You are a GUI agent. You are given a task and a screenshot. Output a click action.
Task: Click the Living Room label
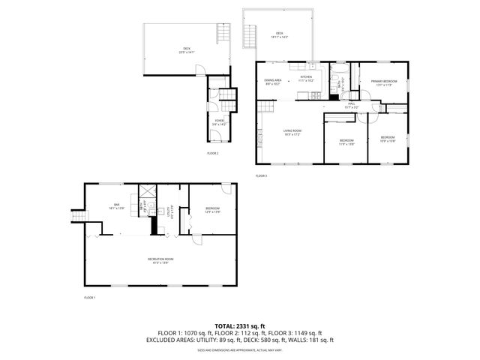click(x=292, y=133)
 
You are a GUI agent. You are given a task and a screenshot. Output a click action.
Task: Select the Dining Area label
click(x=274, y=82)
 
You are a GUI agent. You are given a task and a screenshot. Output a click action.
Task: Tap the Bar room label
click(x=117, y=206)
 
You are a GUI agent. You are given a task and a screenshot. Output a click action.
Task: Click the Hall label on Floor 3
click(x=351, y=105)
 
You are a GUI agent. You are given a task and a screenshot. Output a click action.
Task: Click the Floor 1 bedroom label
click(x=213, y=209)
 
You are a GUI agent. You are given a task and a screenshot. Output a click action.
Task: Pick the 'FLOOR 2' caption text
click(x=213, y=153)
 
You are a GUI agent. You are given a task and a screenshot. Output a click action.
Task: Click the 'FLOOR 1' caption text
click(x=89, y=298)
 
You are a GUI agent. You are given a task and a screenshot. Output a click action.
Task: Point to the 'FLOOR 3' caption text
click(x=261, y=175)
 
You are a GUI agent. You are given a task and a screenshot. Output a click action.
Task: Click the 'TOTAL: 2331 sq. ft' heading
click(x=240, y=325)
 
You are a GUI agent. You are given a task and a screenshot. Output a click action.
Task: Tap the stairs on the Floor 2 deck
click(x=222, y=33)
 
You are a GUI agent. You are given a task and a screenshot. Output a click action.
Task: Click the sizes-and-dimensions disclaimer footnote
click(x=240, y=350)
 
